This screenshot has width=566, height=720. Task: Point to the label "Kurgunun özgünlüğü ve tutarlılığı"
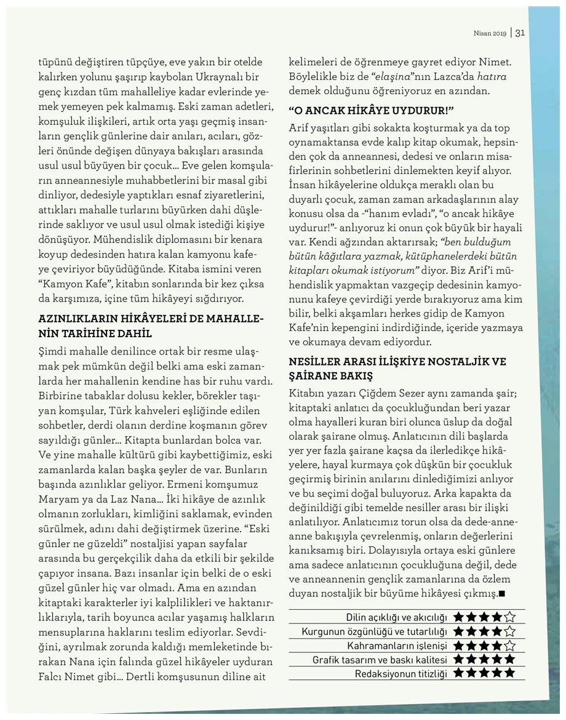tap(375, 631)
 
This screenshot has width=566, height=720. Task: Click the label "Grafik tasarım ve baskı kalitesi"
tap(380, 660)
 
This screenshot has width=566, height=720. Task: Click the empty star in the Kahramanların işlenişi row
tap(509, 646)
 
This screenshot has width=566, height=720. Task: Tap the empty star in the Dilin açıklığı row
tap(509, 617)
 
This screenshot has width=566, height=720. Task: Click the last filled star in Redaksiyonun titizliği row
tap(509, 673)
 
